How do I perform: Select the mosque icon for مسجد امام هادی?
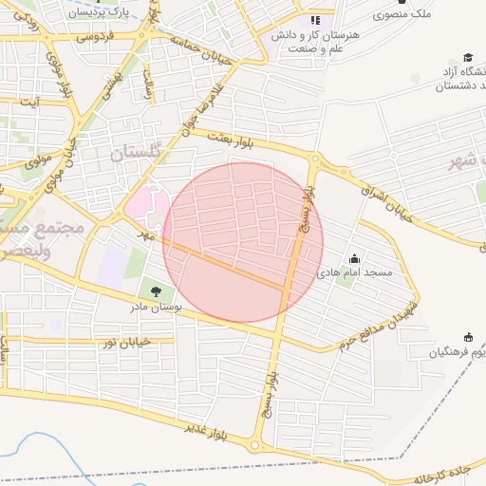355,258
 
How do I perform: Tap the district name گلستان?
138,153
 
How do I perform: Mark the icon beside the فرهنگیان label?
468,337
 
